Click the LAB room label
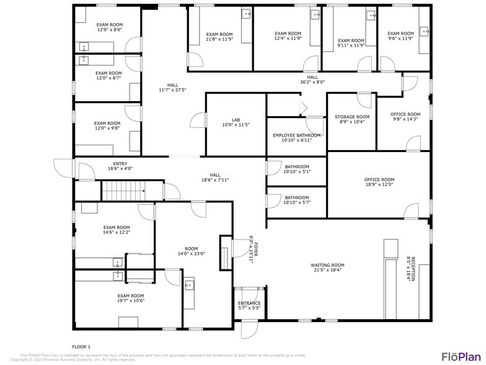(x=236, y=122)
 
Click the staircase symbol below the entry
(x=122, y=191)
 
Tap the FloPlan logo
(x=459, y=356)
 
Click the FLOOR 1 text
(x=81, y=346)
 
